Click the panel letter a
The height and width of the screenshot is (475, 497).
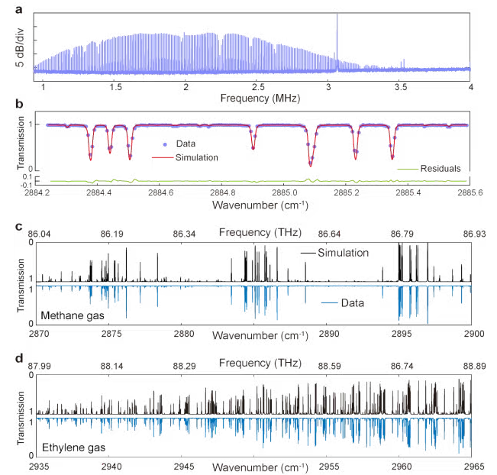click(x=18, y=9)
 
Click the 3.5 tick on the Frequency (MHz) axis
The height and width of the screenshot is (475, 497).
click(x=400, y=89)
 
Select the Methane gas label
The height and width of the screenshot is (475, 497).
click(x=76, y=315)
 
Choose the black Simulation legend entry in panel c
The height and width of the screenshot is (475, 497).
click(x=344, y=252)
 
